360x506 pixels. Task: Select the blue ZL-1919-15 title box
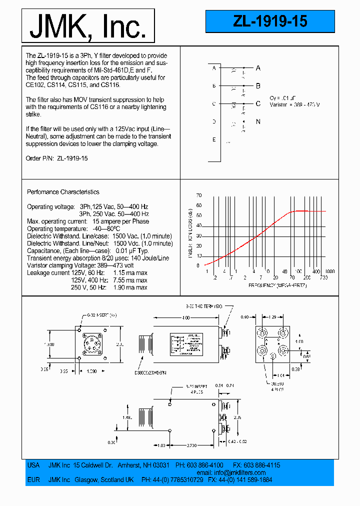270,21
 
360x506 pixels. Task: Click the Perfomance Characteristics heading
63,192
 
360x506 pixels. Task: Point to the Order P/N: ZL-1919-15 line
56,158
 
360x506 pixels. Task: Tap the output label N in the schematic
258,121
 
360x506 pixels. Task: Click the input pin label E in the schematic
213,139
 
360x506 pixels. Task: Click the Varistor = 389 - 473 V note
294,104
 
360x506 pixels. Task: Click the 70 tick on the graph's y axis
199,195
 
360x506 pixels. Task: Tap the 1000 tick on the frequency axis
330,270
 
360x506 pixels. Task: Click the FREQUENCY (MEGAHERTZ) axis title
277,284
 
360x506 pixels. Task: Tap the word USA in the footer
33,465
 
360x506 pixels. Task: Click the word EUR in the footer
33,479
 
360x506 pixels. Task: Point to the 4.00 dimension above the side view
185,317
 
